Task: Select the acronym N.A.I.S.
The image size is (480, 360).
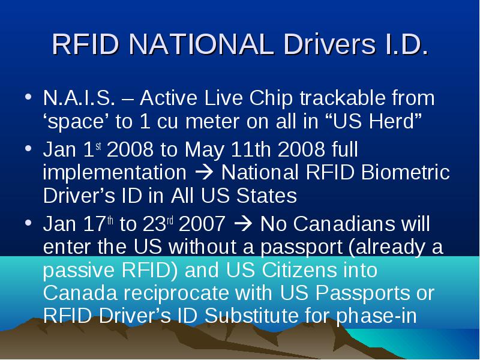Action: (x=79, y=98)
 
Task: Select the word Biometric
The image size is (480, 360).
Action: (x=406, y=172)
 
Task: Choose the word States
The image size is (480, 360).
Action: (x=266, y=196)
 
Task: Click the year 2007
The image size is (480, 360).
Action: (x=202, y=224)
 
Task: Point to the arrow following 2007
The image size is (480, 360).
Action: (x=243, y=224)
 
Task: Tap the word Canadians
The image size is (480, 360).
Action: (x=344, y=224)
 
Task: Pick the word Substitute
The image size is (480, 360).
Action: (x=251, y=316)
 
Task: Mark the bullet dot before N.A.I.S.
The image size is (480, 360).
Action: (x=28, y=97)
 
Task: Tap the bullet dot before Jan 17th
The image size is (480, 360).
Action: (x=28, y=223)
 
